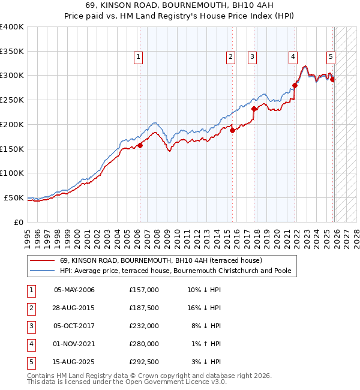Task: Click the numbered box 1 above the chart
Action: pos(139,57)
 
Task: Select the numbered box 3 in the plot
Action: pos(253,57)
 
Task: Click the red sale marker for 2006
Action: pos(140,145)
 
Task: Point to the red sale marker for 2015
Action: pos(232,130)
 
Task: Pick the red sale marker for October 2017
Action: pos(254,109)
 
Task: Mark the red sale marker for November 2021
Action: pos(295,85)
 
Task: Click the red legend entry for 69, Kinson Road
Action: pos(161,260)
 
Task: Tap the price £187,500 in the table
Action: pos(143,308)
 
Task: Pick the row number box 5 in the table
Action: pos(31,362)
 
